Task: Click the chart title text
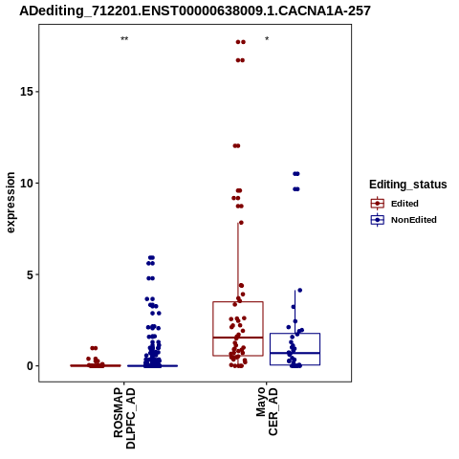pyautogui.click(x=195, y=11)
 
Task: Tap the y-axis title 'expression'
pyautogui.click(x=11, y=203)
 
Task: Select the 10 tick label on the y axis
pyautogui.click(x=27, y=184)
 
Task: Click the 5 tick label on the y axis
pyautogui.click(x=30, y=274)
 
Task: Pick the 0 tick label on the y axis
pyautogui.click(x=30, y=366)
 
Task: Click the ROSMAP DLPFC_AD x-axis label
pyautogui.click(x=124, y=418)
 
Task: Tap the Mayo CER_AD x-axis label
pyautogui.click(x=267, y=411)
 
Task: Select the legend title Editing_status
pyautogui.click(x=408, y=185)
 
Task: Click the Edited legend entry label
pyautogui.click(x=404, y=204)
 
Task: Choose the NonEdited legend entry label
pyautogui.click(x=414, y=220)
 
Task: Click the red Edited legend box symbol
pyautogui.click(x=378, y=203)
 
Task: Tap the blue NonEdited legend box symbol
pyautogui.click(x=378, y=220)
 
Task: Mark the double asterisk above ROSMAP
pyautogui.click(x=124, y=39)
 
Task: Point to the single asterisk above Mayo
pyautogui.click(x=267, y=39)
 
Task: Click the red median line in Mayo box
pyautogui.click(x=238, y=338)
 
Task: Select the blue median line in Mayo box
pyautogui.click(x=295, y=353)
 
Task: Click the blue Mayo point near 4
pyautogui.click(x=299, y=291)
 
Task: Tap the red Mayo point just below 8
pyautogui.click(x=241, y=223)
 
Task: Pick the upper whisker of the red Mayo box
pyautogui.click(x=238, y=262)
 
